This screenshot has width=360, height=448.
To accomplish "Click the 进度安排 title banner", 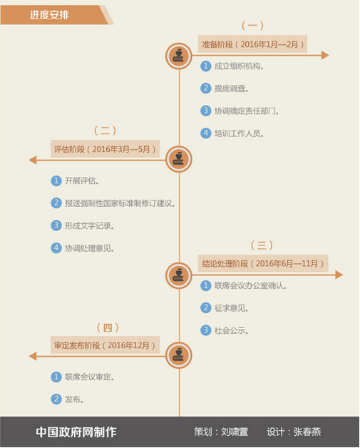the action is (x=54, y=15).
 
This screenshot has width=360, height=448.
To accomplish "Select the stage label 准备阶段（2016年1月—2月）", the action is (x=252, y=44).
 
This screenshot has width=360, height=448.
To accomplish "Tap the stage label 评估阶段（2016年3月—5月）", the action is (x=105, y=149).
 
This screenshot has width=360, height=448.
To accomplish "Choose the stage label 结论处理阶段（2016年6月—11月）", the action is (x=263, y=263).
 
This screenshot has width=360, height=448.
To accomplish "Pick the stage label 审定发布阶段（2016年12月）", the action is (x=105, y=345).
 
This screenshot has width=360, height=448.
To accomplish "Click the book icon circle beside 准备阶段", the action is (x=179, y=56).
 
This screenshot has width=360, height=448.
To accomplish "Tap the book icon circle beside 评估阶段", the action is (x=179, y=159).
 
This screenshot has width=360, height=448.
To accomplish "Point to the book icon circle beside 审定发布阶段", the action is (x=179, y=355).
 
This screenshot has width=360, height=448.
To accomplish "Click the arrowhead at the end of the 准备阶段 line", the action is (x=325, y=55).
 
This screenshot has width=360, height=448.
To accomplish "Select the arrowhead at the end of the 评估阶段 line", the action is (x=33, y=160).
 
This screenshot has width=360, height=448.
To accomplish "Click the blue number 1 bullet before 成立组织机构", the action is (x=205, y=66).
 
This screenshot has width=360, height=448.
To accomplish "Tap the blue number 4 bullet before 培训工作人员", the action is (x=205, y=133).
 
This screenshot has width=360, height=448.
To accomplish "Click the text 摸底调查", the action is (x=232, y=88).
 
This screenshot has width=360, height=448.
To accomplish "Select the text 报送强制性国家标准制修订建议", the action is (x=120, y=203).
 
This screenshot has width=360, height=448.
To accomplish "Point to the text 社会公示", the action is (x=232, y=330).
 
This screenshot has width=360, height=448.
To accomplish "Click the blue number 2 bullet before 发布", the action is (x=56, y=399).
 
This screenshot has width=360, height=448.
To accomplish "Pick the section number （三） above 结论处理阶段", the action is (x=262, y=245).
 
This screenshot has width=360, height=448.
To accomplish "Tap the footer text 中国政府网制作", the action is (x=76, y=432).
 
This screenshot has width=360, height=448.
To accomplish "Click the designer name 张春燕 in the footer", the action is (x=307, y=432).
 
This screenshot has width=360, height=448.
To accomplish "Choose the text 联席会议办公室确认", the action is (x=251, y=285).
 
